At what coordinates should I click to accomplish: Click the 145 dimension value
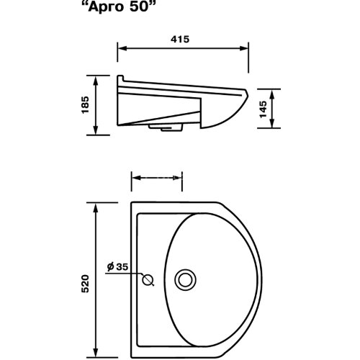pyautogui.click(x=264, y=108)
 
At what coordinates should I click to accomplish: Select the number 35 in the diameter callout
pyautogui.click(x=122, y=267)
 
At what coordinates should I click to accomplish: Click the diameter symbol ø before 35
pyautogui.click(x=109, y=267)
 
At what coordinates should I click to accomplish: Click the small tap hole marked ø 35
pyautogui.click(x=149, y=280)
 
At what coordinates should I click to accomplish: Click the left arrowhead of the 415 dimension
pyautogui.click(x=121, y=50)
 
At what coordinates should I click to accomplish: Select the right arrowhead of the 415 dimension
pyautogui.click(x=247, y=50)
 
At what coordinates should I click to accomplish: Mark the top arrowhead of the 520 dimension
pyautogui.click(x=96, y=207)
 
